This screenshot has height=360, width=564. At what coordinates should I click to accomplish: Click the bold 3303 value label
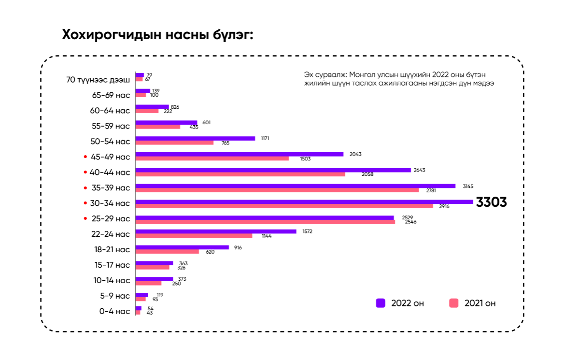click(x=491, y=202)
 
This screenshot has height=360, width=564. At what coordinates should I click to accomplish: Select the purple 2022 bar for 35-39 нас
click(x=296, y=186)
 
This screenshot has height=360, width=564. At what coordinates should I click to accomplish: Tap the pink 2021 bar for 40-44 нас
click(x=240, y=174)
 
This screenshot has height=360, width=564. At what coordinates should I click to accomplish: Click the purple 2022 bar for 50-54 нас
click(x=195, y=138)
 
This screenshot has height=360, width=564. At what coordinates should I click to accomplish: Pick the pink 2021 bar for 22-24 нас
click(x=194, y=236)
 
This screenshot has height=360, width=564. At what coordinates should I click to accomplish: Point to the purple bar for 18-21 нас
click(x=182, y=247)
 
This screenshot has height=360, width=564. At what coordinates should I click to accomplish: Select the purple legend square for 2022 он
click(x=381, y=303)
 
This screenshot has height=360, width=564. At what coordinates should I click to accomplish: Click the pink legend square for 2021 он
click(x=453, y=303)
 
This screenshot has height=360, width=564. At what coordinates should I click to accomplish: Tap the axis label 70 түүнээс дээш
click(x=98, y=80)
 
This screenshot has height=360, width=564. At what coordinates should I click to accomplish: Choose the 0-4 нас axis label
click(x=114, y=311)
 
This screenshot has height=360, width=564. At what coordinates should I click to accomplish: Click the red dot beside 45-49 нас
click(x=85, y=157)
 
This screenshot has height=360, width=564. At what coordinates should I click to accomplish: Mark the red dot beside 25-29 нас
click(x=85, y=218)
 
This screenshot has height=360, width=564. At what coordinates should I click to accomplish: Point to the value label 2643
click(x=419, y=170)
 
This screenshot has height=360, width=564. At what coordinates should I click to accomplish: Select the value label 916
click(x=238, y=247)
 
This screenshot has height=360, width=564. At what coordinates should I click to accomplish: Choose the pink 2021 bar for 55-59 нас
click(x=158, y=127)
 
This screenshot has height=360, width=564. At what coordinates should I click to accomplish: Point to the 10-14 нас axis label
click(x=112, y=280)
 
